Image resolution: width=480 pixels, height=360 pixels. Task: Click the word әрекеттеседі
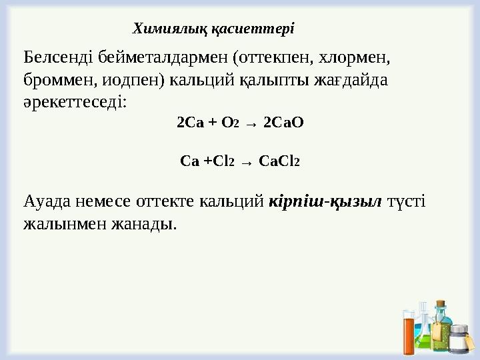pos(73,103)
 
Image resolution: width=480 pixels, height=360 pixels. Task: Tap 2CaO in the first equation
pos(283,123)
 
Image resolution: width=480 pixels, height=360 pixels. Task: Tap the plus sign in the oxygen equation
pos(212,123)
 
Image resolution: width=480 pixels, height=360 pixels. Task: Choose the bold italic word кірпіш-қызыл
pos(324,201)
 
